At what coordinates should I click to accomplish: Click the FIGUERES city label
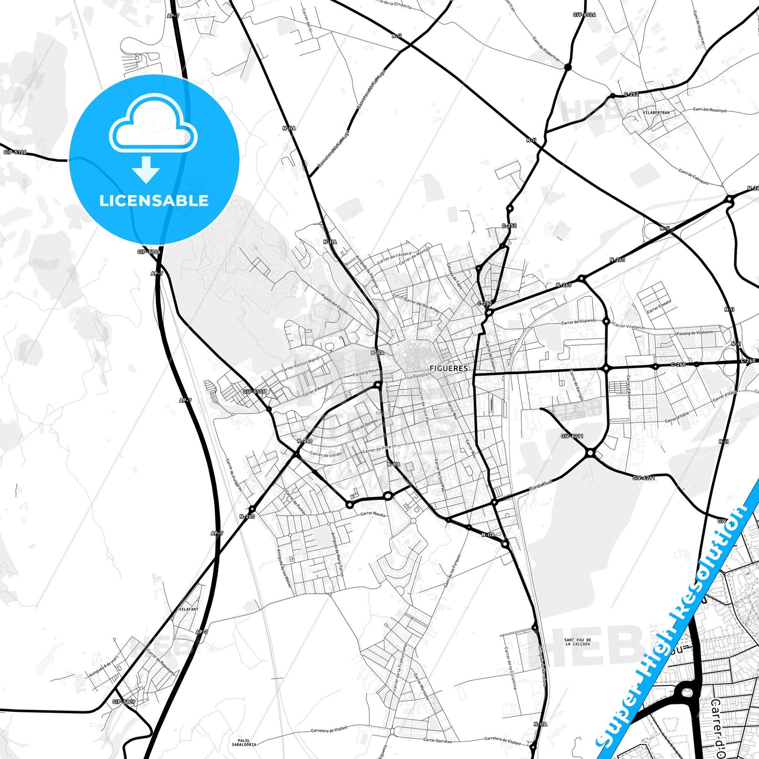[449, 368]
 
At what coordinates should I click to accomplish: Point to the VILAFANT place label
[189, 609]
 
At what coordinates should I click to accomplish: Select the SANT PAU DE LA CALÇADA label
[577, 642]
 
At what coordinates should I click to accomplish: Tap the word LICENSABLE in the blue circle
[154, 200]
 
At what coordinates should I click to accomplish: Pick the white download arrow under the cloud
[146, 170]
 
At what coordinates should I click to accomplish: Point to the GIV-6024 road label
[584, 15]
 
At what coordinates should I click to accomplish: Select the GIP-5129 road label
[124, 702]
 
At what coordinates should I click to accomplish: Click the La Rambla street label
[417, 376]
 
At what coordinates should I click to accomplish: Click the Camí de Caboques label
[693, 177]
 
